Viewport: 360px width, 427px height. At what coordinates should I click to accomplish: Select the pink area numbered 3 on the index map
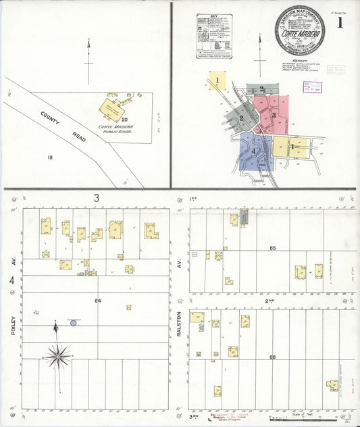274,115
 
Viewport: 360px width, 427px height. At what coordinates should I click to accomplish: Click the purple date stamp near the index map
312,87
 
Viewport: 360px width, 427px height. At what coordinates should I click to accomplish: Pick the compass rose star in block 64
58,355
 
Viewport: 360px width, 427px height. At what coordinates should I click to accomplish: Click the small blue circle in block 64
74,323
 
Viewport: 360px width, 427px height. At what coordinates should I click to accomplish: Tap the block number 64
98,300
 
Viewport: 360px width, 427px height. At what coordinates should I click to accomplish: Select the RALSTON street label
180,323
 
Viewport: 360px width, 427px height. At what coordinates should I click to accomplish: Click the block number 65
272,249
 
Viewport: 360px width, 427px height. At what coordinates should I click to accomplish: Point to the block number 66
272,357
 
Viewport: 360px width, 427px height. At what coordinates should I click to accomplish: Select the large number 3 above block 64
97,198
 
